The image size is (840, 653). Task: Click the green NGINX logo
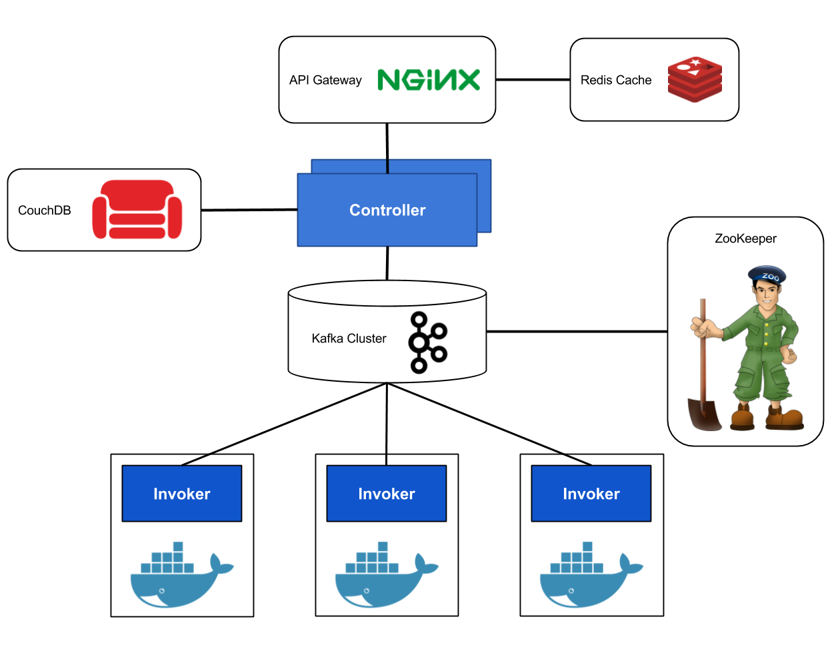point(429,79)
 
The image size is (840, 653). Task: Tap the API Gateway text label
point(325,80)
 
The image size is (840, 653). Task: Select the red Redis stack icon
point(695,79)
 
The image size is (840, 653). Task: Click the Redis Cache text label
point(616,80)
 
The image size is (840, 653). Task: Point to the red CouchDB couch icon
point(137,209)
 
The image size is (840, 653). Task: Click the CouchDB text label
point(45,210)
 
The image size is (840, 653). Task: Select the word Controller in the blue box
point(387,210)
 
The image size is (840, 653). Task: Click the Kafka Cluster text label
point(349,338)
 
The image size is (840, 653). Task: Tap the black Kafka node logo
point(427,342)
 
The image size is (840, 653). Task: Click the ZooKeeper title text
point(745,239)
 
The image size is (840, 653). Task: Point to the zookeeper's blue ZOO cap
point(767,275)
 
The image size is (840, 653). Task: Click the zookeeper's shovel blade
point(704,414)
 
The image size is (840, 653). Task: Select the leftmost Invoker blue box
point(182,494)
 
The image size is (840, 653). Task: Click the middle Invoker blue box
point(386,494)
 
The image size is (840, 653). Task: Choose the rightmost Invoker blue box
point(591,494)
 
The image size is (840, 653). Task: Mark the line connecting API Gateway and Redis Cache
point(533,79)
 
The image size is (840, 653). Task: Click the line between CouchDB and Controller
point(249,210)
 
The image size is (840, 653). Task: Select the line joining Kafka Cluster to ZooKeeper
point(577,331)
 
